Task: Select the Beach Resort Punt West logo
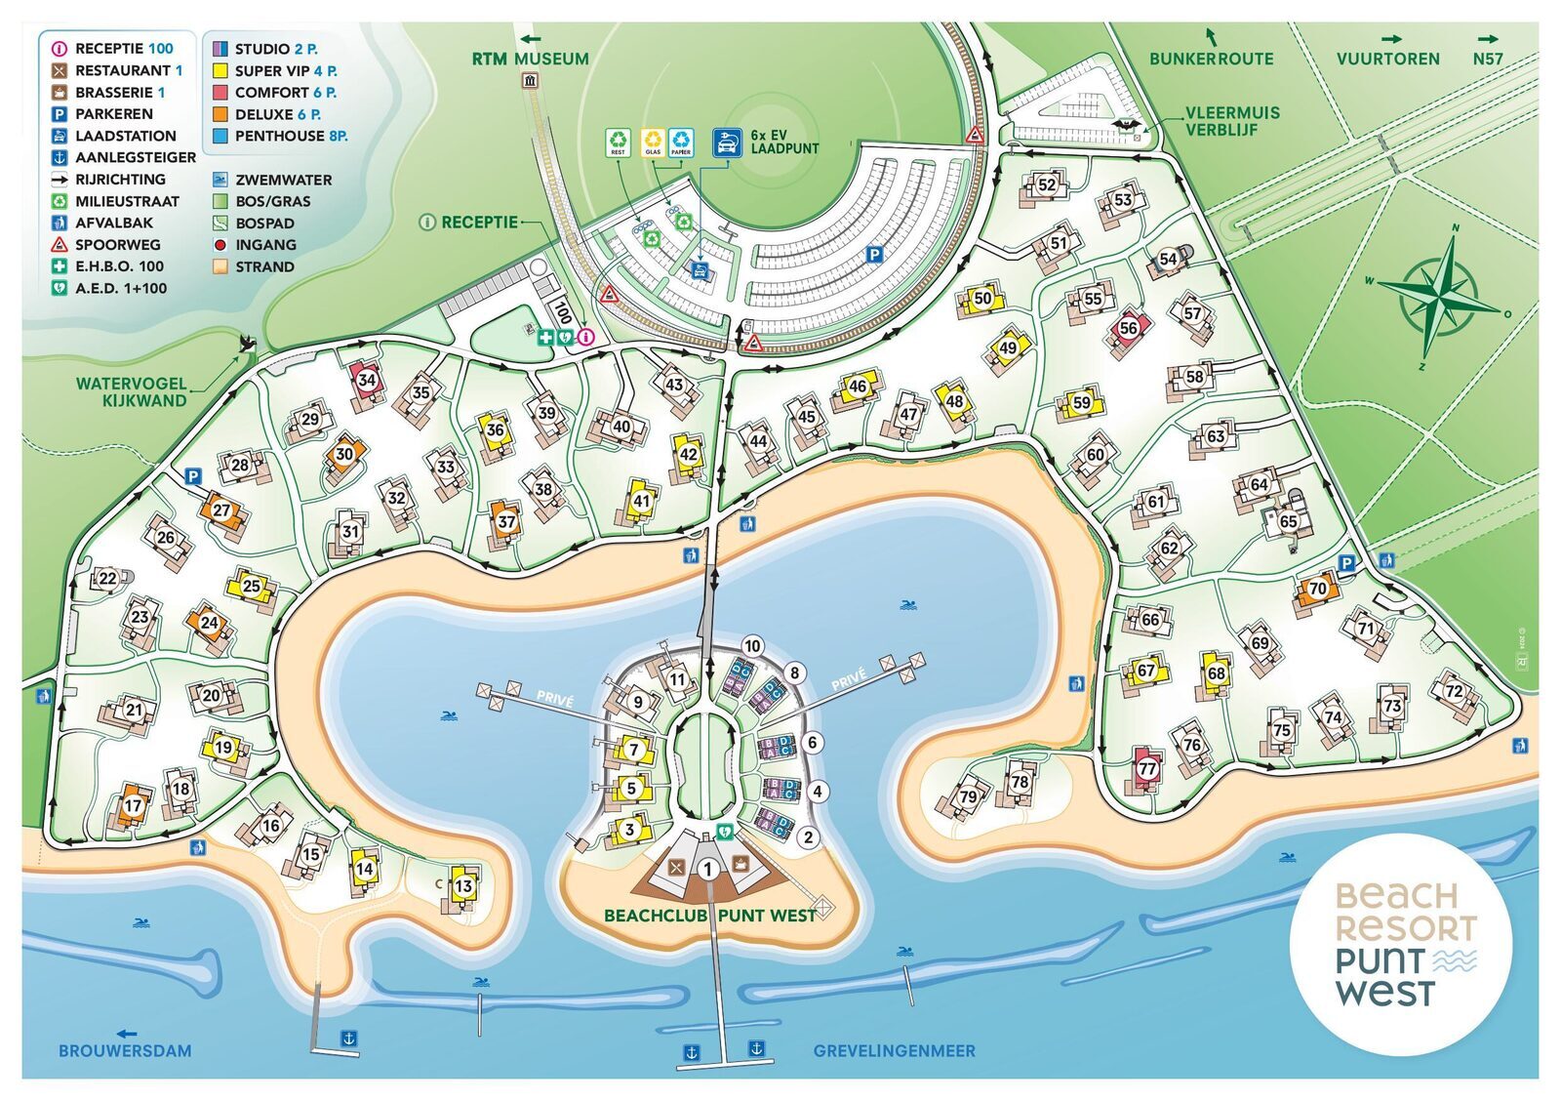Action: click(x=1401, y=944)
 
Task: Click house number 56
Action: click(x=1129, y=328)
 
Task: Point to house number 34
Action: click(x=366, y=380)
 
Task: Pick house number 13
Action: click(x=463, y=886)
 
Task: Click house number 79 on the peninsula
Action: click(x=968, y=795)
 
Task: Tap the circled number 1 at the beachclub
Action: click(x=708, y=868)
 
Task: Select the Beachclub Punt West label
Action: click(x=709, y=916)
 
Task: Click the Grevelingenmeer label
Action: click(x=894, y=1051)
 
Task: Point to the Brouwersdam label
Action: click(x=125, y=1051)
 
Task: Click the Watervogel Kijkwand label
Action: click(x=131, y=391)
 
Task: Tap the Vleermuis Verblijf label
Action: click(x=1232, y=121)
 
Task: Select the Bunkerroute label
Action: click(x=1211, y=59)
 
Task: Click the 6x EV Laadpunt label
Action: click(x=783, y=143)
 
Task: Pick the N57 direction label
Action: click(x=1487, y=59)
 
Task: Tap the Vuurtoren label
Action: click(x=1387, y=59)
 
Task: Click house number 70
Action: click(x=1317, y=589)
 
